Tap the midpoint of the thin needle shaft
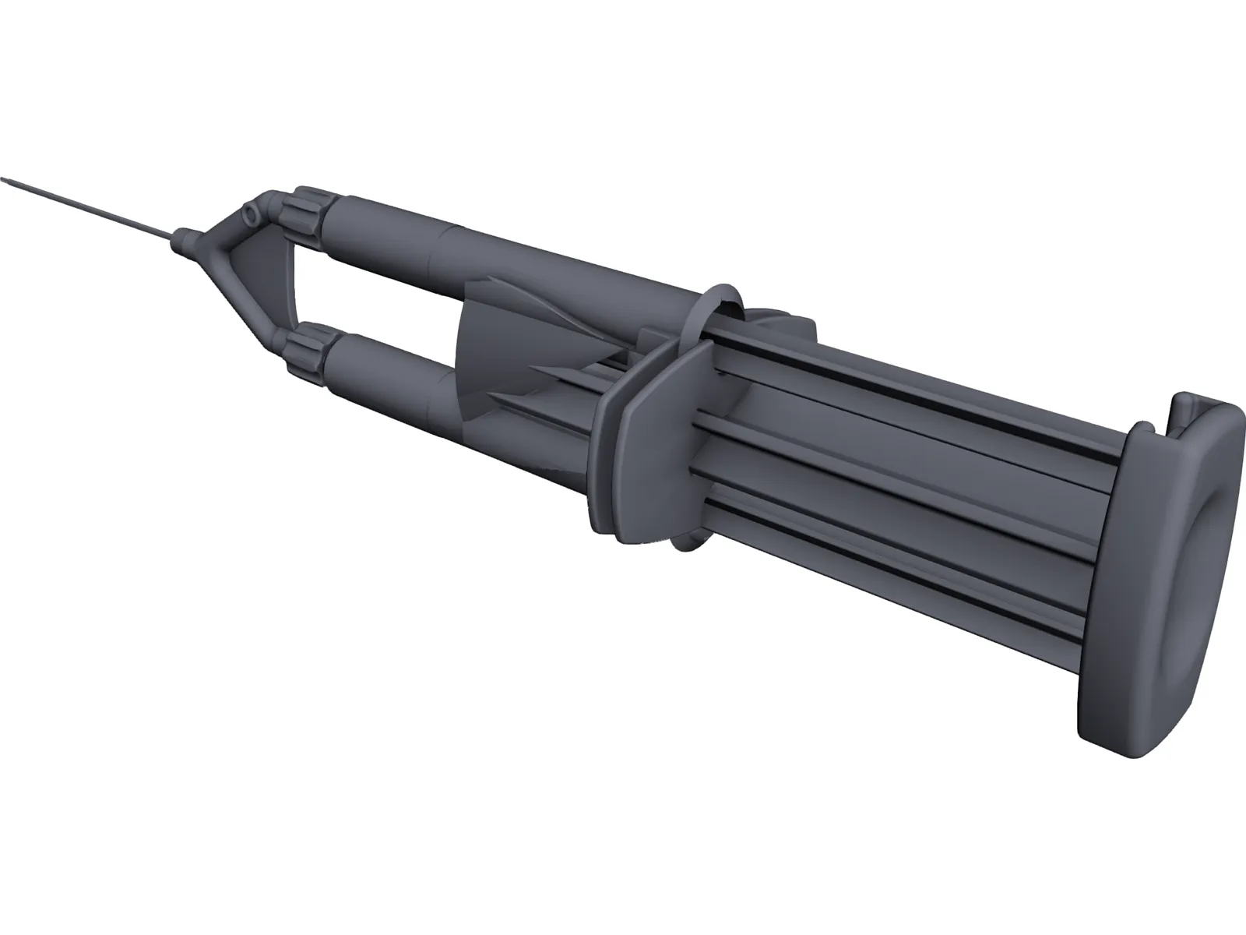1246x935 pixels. click(90, 206)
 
